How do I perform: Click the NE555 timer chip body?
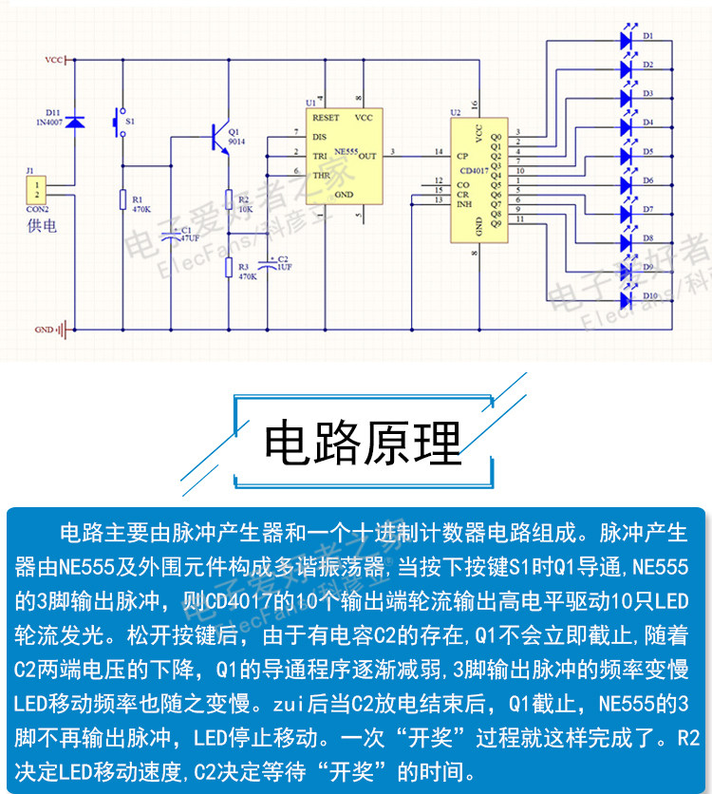coord(341,157)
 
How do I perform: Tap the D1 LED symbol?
coord(627,39)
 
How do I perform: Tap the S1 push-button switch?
coord(121,123)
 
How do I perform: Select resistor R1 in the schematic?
coord(122,199)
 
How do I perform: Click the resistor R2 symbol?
coord(229,199)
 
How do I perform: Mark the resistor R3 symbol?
coord(229,268)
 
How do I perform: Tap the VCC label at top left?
coord(53,60)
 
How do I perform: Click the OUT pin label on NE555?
coord(367,155)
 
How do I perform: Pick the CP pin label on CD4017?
coord(461,156)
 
